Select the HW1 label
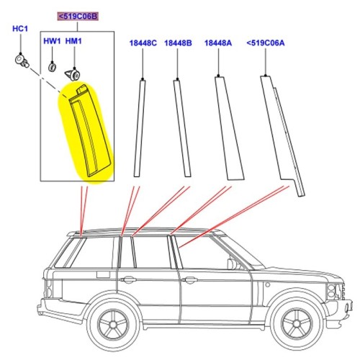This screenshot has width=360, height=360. [x=52, y=42]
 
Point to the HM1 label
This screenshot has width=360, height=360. [x=73, y=42]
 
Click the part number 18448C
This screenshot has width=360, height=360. [x=143, y=43]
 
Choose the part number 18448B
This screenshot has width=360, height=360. [x=178, y=43]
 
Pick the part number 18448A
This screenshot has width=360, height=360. [x=218, y=43]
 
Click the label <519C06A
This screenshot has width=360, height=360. [x=266, y=43]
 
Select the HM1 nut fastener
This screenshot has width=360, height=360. [x=73, y=72]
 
